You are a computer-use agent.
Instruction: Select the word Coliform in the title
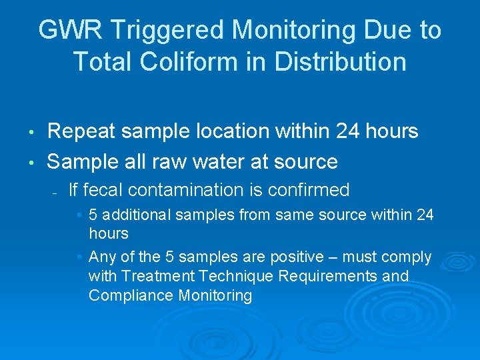[185, 61]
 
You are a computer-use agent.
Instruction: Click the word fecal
[103, 190]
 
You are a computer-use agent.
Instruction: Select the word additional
[134, 215]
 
